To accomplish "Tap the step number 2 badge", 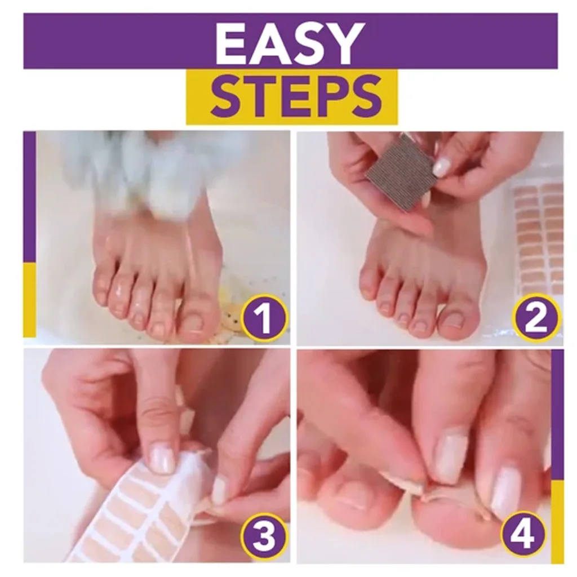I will click(x=536, y=318).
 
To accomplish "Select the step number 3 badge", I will click(x=264, y=536).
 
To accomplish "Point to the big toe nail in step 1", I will click(x=193, y=323).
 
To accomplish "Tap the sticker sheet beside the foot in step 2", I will click(x=538, y=237).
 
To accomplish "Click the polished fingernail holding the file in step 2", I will click(x=442, y=167).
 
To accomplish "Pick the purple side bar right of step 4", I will click(x=557, y=414).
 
